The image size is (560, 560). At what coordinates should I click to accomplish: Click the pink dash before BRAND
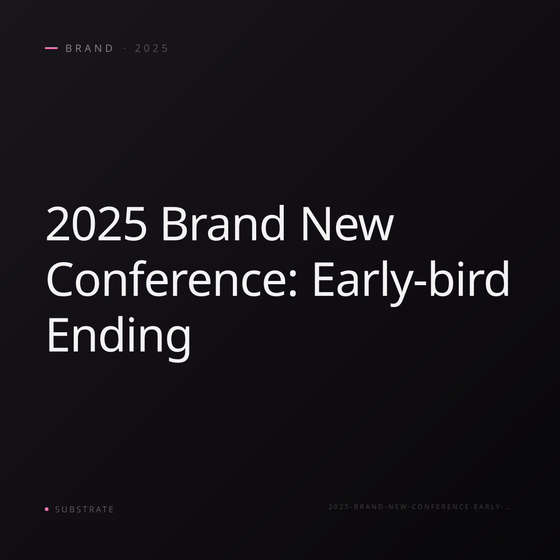tap(51, 48)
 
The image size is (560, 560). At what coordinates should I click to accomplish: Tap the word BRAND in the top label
tap(89, 48)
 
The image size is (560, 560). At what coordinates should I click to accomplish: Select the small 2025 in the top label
tap(151, 48)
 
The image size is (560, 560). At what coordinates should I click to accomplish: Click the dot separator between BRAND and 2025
tap(125, 48)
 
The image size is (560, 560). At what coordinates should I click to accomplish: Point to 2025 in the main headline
tap(97, 224)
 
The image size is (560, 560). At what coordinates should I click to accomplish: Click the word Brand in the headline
tap(223, 223)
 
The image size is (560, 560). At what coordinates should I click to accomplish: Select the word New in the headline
tap(348, 224)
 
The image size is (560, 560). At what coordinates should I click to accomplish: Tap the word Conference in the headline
tap(167, 279)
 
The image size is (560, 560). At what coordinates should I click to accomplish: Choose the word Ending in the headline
tap(119, 339)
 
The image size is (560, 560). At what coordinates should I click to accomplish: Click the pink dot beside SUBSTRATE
tap(47, 509)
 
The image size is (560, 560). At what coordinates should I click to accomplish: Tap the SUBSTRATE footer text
tap(84, 509)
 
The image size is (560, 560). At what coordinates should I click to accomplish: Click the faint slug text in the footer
tap(420, 506)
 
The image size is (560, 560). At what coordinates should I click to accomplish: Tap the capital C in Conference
tap(60, 279)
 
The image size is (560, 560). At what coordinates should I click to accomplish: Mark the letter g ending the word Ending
tap(179, 344)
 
